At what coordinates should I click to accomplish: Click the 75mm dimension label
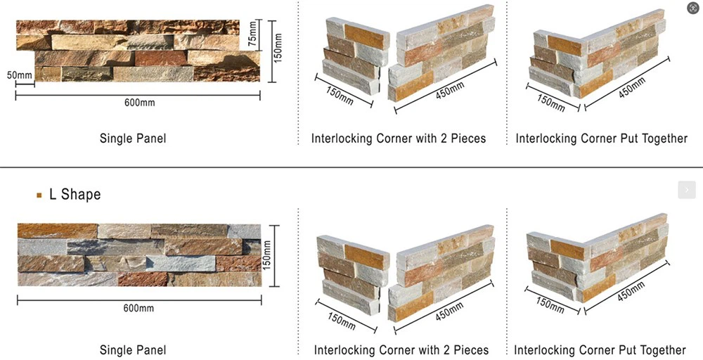[253, 36]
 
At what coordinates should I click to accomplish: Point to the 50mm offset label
[20, 75]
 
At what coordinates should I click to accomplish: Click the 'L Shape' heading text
[75, 194]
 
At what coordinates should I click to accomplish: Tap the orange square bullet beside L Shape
[39, 195]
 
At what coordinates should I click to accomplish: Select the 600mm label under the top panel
[139, 103]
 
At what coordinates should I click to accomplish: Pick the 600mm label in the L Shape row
[138, 308]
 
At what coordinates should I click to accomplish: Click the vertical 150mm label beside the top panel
[278, 48]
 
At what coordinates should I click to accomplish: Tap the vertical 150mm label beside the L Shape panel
[267, 255]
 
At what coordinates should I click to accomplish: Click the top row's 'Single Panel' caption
[133, 138]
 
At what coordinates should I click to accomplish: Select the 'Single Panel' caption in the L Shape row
[133, 349]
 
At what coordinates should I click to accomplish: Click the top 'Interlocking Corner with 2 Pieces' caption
[399, 138]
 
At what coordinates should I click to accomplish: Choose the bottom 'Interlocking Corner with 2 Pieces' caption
[401, 349]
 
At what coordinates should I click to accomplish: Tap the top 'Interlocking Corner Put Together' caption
[601, 138]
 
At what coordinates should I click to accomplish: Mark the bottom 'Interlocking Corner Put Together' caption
[600, 349]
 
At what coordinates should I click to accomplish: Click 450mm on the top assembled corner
[632, 87]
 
